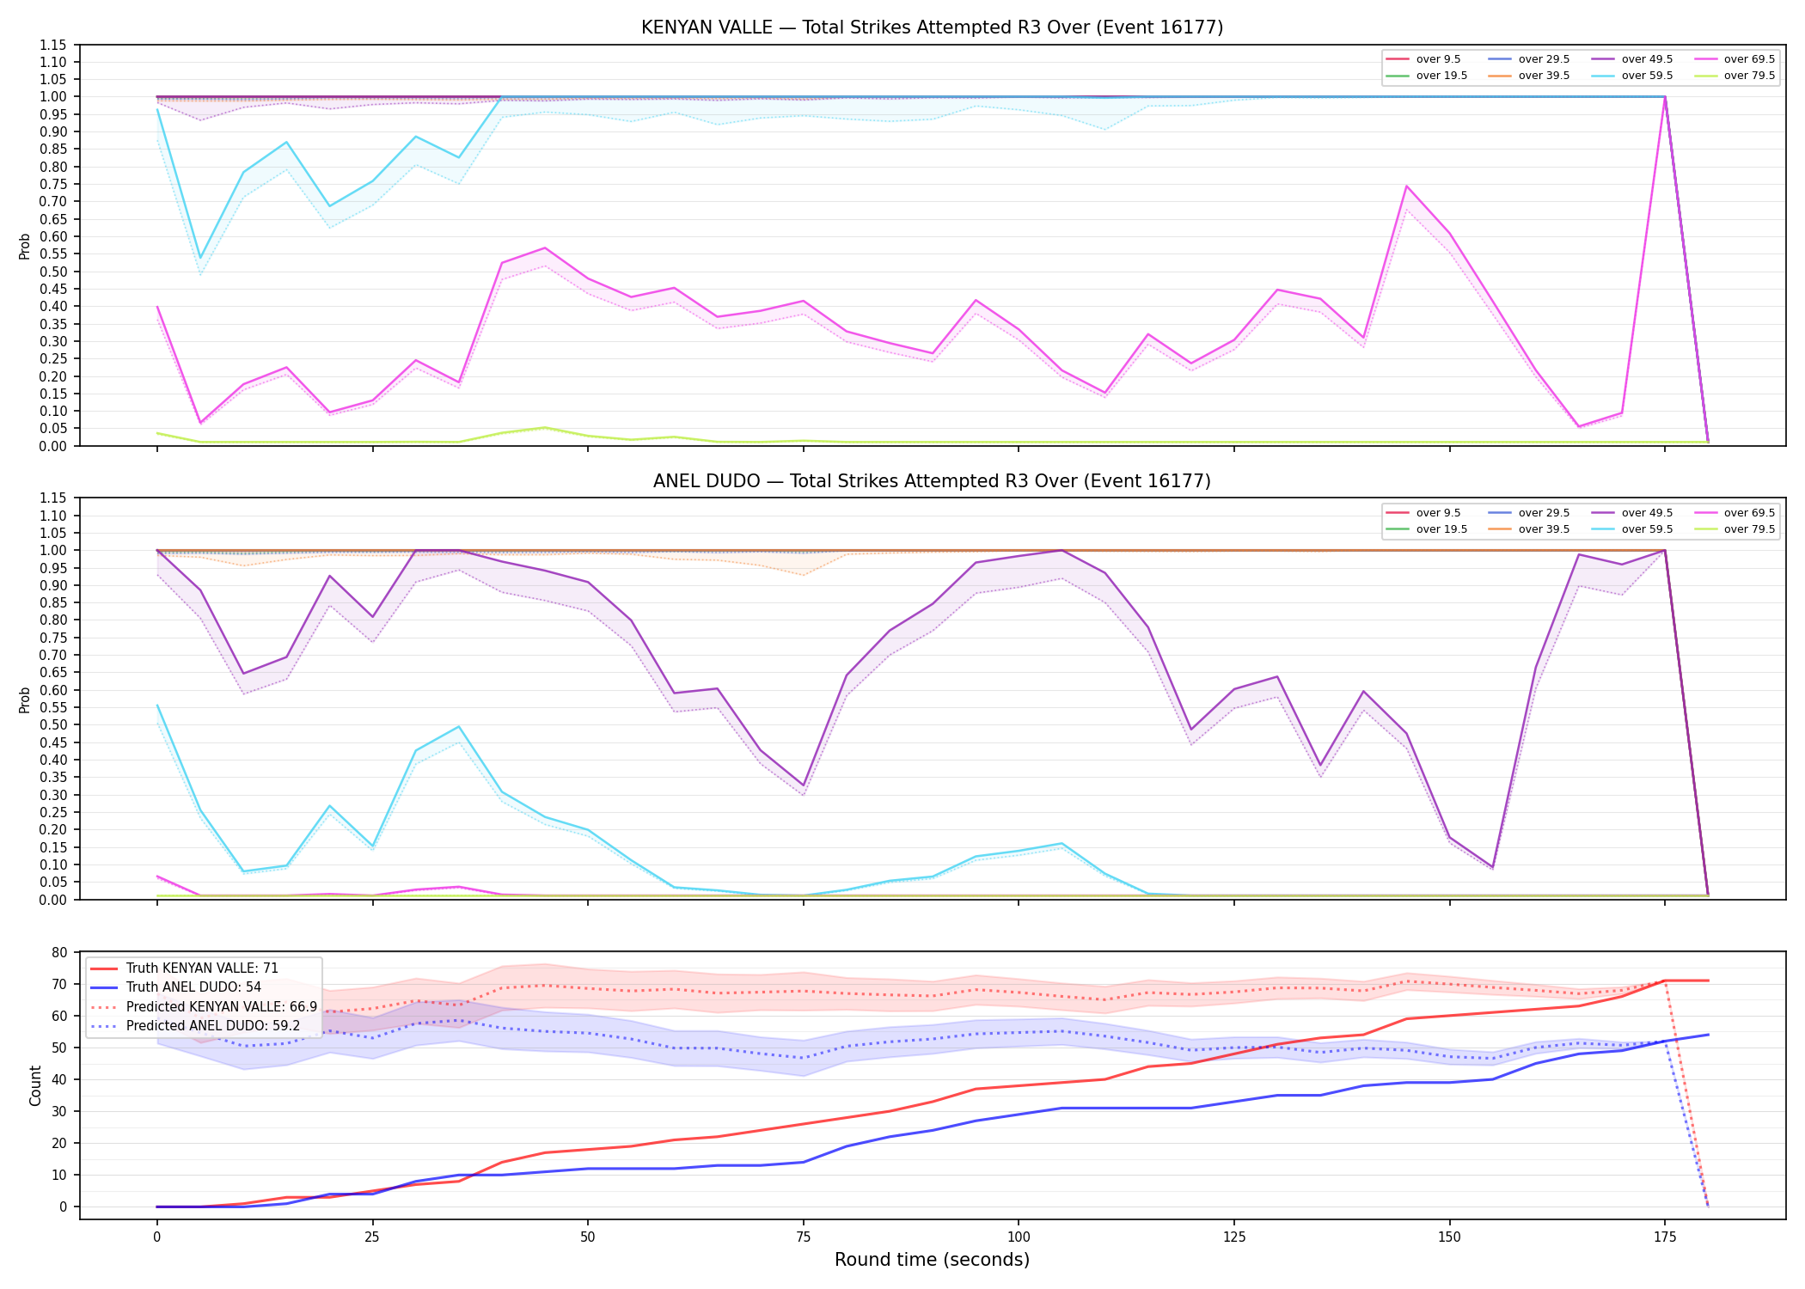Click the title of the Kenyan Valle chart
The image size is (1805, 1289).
coord(932,27)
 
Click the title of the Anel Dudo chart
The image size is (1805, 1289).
coord(932,481)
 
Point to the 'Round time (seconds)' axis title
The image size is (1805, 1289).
coord(932,1260)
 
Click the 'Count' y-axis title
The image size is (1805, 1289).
coord(35,1085)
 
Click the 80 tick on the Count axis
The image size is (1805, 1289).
coord(59,952)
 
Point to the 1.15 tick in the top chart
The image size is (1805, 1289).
coord(52,45)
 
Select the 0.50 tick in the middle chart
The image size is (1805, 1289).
coord(52,724)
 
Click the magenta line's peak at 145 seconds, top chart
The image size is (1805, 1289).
coord(1406,186)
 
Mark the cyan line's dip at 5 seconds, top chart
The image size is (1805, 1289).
coord(200,258)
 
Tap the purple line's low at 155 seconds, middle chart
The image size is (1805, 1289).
coord(1492,867)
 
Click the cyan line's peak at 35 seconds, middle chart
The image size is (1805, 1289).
coord(459,727)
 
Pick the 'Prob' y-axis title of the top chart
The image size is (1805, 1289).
coord(25,246)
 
